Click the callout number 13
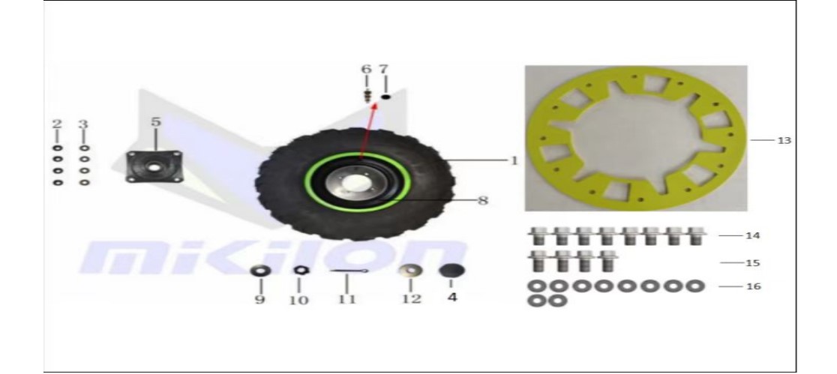784,141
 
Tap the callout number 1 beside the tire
514,160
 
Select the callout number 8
482,201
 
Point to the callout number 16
753,286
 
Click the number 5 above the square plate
155,122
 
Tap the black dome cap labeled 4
451,271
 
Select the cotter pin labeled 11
349,271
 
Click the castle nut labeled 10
299,271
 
